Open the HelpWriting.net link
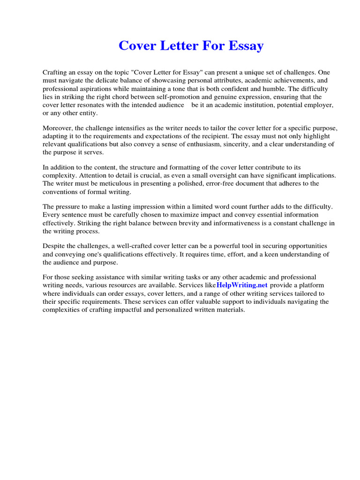242,285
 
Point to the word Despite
55,246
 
